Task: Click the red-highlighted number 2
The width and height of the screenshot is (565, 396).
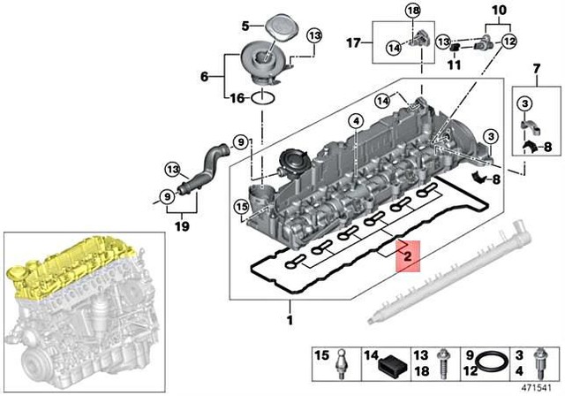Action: click(407, 257)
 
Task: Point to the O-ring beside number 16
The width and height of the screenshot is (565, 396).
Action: click(263, 99)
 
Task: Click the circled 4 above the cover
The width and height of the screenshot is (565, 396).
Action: click(356, 120)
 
